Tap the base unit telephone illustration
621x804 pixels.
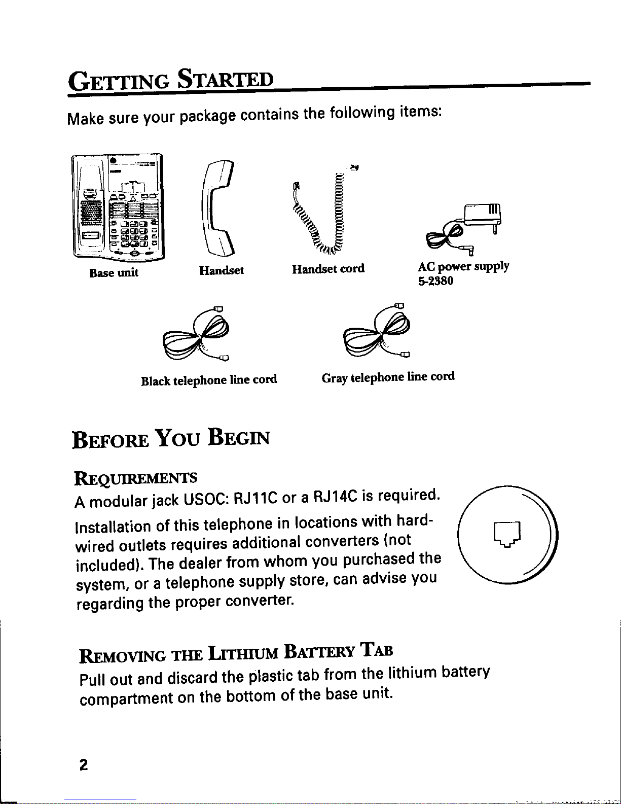coord(118,206)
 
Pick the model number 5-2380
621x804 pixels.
coord(435,281)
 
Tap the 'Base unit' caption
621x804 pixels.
coord(114,273)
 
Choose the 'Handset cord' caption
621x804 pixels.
coord(328,269)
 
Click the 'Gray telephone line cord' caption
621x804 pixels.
coord(388,377)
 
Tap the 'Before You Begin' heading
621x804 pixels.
coord(171,438)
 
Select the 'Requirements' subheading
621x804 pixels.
coord(135,478)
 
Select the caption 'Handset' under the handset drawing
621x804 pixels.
coord(222,270)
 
